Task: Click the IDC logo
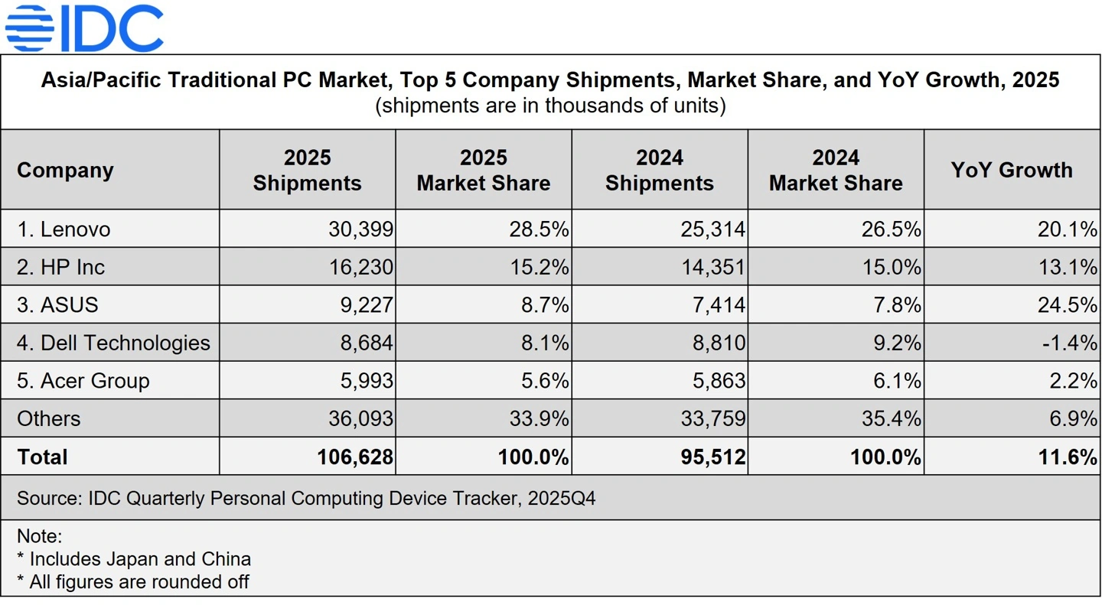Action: [84, 28]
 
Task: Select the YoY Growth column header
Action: [1012, 170]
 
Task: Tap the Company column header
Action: [65, 170]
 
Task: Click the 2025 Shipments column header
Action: [307, 170]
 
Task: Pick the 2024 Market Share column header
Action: [836, 170]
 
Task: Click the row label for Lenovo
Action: [64, 229]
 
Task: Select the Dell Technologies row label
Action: [113, 343]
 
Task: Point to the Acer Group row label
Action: [83, 381]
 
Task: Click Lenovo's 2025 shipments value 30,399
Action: [360, 229]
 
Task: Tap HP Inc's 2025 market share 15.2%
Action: [540, 267]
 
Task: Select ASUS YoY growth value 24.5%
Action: [1067, 305]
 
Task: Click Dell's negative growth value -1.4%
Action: [1069, 343]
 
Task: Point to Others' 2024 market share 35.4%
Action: [891, 418]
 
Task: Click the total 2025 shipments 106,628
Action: [355, 457]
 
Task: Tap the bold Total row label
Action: [42, 457]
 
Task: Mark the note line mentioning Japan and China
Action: [134, 559]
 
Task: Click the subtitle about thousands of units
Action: [550, 105]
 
